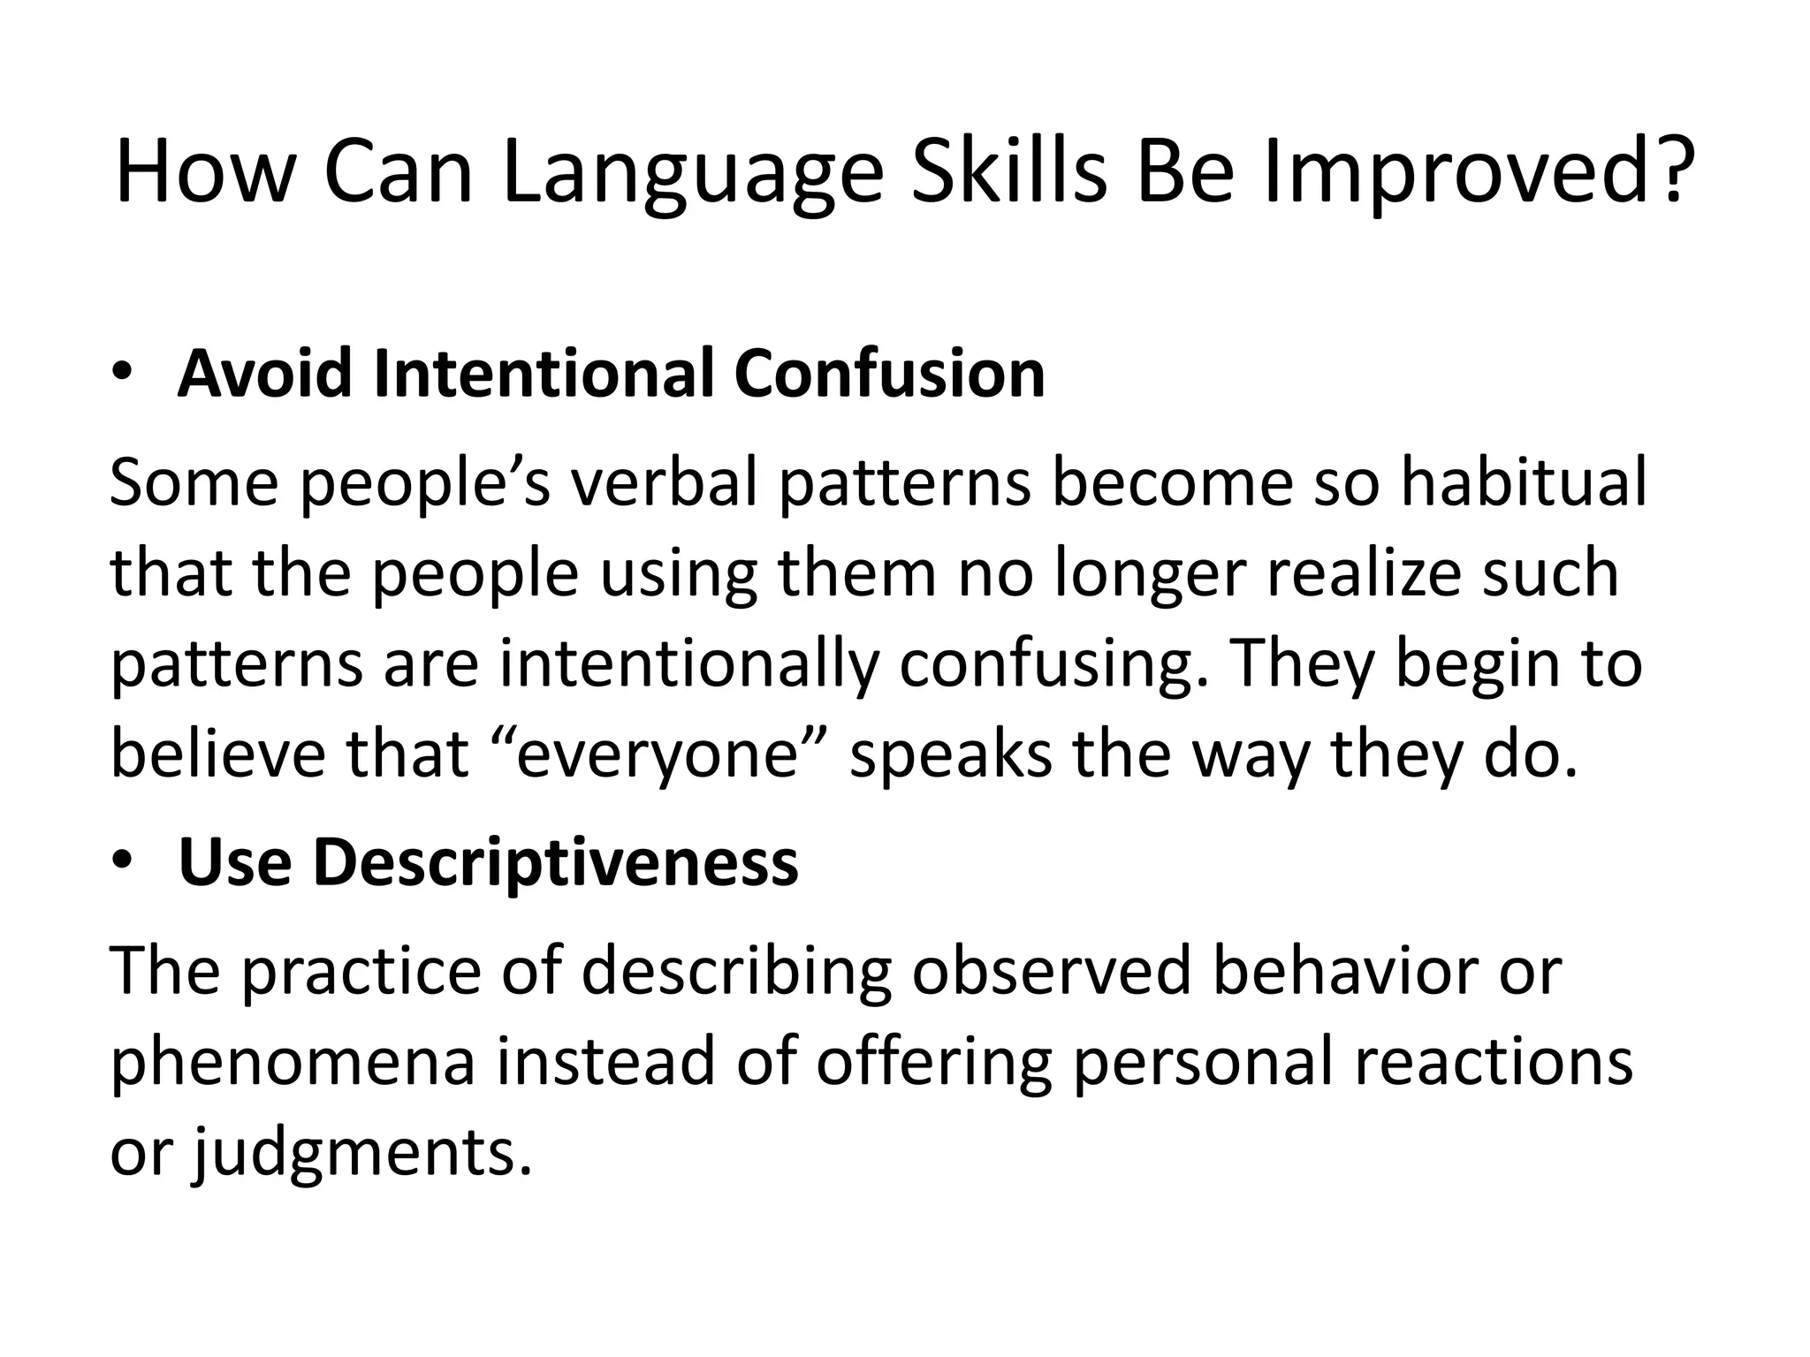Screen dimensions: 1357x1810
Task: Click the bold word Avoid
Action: [x=266, y=374]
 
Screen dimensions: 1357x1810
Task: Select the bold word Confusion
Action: [x=889, y=374]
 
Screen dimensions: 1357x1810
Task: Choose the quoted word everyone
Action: [x=658, y=756]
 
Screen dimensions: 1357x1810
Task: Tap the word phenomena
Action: [x=293, y=1064]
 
